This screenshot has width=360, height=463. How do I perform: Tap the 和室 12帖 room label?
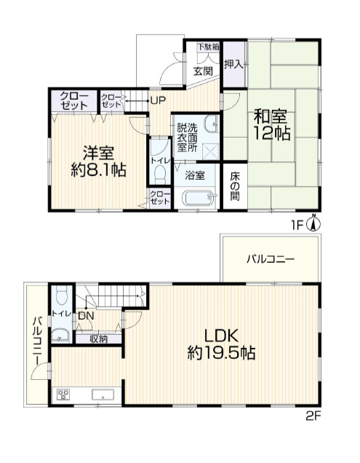[272, 125]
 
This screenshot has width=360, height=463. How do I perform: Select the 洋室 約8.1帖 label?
[99, 162]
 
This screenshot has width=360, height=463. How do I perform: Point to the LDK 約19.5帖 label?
[221, 344]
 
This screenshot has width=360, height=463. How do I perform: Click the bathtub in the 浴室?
[199, 197]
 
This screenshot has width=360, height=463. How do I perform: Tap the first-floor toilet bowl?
[161, 174]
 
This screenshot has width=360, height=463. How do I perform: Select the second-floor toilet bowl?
[62, 296]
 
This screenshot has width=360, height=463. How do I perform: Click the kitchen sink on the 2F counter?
[103, 395]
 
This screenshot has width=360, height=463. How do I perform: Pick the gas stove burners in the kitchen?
[64, 395]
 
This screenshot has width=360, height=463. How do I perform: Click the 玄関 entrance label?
[203, 71]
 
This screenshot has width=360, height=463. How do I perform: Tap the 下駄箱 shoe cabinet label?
[208, 47]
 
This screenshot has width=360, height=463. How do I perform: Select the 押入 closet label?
[233, 64]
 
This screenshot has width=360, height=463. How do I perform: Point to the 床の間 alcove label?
[235, 186]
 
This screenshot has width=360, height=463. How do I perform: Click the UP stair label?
[158, 100]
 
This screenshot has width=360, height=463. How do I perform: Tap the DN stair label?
[86, 316]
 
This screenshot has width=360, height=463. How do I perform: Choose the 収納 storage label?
[99, 339]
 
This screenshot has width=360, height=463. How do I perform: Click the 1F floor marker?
[297, 226]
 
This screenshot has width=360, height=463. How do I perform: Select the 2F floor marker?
[313, 416]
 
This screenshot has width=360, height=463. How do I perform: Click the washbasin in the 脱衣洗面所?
[212, 124]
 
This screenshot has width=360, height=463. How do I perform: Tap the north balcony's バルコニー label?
[271, 260]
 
